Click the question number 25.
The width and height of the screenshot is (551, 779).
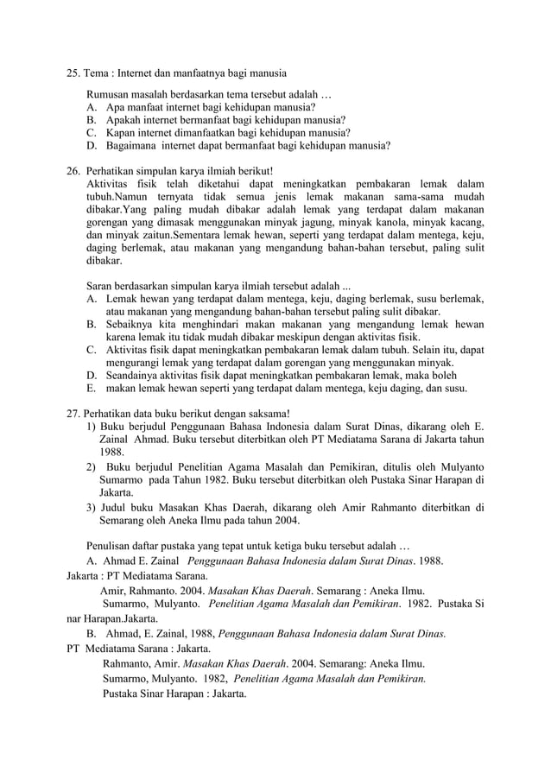(x=73, y=73)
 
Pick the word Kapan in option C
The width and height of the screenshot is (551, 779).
(x=121, y=133)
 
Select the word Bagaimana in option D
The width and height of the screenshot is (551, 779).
(x=130, y=146)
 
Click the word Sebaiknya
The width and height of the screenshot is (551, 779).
(x=130, y=324)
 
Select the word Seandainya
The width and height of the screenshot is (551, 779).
(x=134, y=375)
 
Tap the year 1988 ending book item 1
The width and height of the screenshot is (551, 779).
(x=111, y=452)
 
